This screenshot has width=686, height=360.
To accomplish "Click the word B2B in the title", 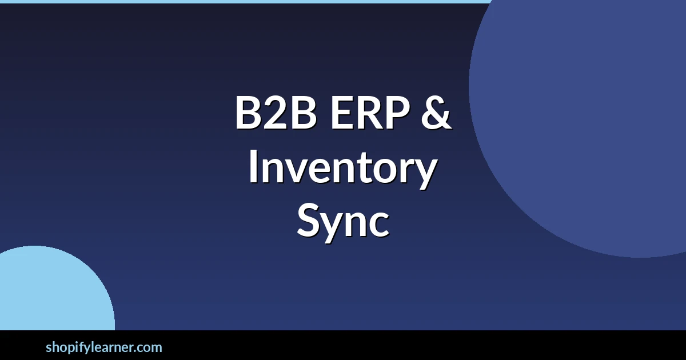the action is click(x=276, y=113).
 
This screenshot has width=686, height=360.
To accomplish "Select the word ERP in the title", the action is click(x=370, y=113).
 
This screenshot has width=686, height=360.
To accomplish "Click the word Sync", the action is click(x=342, y=221).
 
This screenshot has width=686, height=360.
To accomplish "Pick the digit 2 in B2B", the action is click(x=276, y=113).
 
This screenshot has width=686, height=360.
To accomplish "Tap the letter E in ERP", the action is click(x=341, y=113).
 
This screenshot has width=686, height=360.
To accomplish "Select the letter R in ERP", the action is click(x=370, y=113).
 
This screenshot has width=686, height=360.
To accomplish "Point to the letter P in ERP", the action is click(x=398, y=113).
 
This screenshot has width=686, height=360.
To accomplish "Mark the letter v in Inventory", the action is click(x=301, y=171).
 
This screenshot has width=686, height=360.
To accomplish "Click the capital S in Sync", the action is click(x=308, y=220).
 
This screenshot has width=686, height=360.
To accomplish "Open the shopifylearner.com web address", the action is click(x=104, y=348).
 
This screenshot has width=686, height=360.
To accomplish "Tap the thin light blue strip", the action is click(x=246, y=2).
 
